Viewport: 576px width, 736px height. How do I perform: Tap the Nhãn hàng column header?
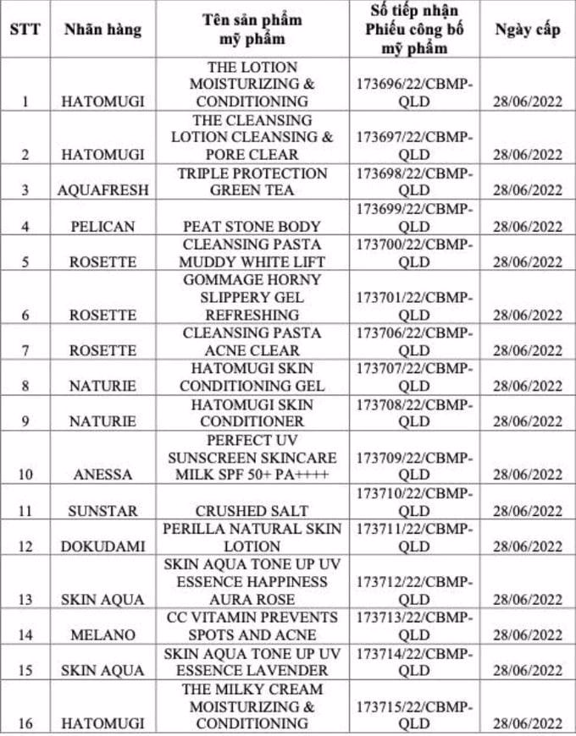(x=102, y=30)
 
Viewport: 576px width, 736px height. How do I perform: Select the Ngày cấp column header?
(x=527, y=30)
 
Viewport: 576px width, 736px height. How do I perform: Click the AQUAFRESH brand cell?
(x=102, y=190)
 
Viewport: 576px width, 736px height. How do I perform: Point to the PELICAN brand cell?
(x=102, y=226)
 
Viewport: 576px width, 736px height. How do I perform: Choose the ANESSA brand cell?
(x=102, y=475)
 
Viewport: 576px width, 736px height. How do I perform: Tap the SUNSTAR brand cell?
(x=102, y=510)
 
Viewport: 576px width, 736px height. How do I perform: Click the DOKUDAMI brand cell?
(x=102, y=546)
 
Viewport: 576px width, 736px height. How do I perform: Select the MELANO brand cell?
(x=102, y=634)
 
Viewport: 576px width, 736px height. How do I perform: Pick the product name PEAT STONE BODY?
(x=252, y=226)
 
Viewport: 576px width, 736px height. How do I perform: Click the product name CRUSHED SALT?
(x=252, y=510)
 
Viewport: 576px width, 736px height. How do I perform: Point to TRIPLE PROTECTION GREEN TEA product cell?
(x=252, y=182)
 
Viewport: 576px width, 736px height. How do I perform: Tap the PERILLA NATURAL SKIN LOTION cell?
(x=252, y=537)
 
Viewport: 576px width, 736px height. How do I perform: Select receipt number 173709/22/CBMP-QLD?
(x=414, y=466)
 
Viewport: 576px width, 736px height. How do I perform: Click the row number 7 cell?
(x=25, y=350)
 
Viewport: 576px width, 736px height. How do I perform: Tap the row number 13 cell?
(x=25, y=599)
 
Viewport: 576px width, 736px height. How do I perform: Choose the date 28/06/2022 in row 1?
(x=527, y=102)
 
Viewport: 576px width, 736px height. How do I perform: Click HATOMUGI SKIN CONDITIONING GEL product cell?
(x=252, y=377)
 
